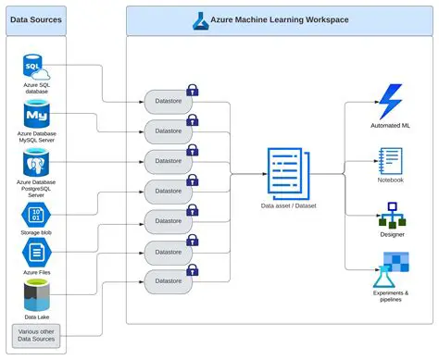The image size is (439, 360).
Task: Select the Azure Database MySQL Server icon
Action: tap(35, 116)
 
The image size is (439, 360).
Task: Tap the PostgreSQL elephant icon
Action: tap(35, 165)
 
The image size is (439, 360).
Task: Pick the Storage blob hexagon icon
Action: tap(35, 214)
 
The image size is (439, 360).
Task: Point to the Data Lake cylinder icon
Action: tap(35, 296)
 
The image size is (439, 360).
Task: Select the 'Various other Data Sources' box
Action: tap(35, 334)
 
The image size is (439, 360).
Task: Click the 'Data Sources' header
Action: tap(35, 19)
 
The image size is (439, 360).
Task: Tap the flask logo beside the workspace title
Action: tap(202, 19)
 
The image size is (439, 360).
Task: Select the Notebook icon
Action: tap(389, 160)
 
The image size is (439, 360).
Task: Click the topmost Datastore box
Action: tap(169, 99)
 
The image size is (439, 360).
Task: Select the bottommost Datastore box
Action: tap(169, 280)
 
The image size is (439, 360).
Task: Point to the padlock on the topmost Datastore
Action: tap(193, 89)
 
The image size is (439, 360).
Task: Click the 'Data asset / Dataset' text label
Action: tap(289, 205)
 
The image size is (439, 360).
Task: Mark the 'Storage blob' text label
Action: tap(35, 232)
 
